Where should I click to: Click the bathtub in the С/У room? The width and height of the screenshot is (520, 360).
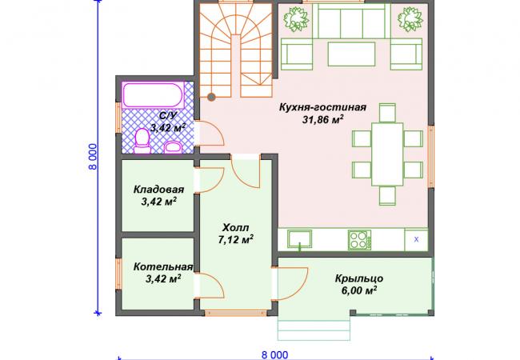click(153, 95)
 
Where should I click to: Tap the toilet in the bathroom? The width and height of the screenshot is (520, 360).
click(142, 142)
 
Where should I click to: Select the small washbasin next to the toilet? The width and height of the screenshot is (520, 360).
click(173, 147)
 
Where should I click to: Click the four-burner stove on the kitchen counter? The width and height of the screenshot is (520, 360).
click(359, 240)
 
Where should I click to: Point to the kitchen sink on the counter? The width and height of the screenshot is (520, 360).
click(300, 239)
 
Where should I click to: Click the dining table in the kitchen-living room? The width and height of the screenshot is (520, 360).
click(387, 154)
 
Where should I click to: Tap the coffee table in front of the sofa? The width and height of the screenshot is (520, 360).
click(351, 54)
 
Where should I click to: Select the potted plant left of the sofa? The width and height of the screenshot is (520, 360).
click(295, 19)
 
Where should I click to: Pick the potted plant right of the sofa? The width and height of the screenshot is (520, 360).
click(410, 19)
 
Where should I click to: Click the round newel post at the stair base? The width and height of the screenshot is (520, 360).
click(211, 97)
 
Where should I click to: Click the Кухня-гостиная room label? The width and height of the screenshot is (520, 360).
click(322, 107)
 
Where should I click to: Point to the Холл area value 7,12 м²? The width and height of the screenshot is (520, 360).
click(236, 240)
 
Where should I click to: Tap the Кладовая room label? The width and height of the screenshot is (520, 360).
click(158, 190)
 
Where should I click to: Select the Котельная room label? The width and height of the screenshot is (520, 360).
click(163, 267)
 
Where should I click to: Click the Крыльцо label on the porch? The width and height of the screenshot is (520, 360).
click(359, 278)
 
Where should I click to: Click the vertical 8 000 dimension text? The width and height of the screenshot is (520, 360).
click(94, 157)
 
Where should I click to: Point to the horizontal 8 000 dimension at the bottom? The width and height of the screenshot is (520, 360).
click(275, 355)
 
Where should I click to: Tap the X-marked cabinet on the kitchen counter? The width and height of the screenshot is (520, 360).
click(416, 239)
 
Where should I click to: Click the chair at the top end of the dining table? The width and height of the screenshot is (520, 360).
click(387, 113)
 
